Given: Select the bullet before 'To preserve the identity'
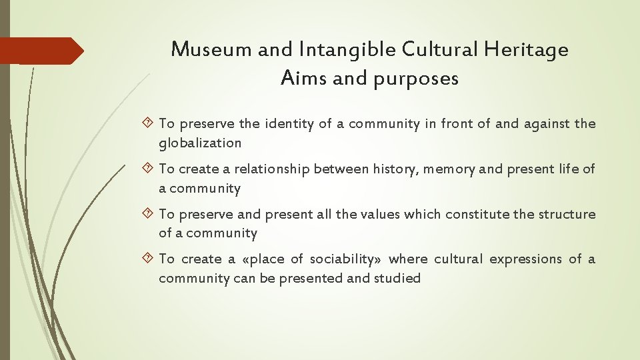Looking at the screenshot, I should (149, 123).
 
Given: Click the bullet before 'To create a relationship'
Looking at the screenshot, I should (149, 169).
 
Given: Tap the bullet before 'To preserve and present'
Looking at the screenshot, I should (149, 215).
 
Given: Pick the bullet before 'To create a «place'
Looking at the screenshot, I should (149, 259).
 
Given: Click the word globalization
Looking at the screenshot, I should (200, 143).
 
